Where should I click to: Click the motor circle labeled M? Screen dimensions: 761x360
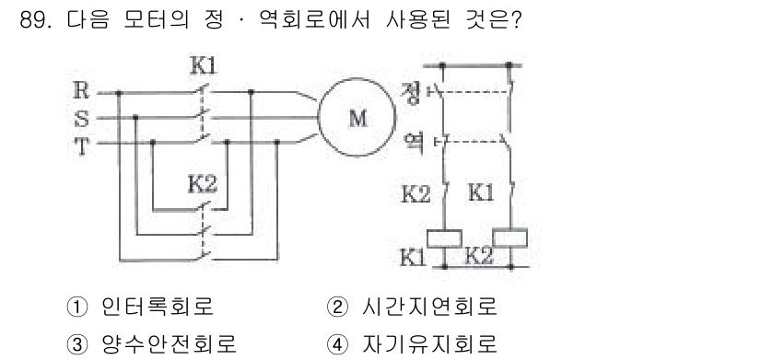pyautogui.click(x=357, y=118)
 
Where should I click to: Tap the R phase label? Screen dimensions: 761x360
pyautogui.click(x=82, y=91)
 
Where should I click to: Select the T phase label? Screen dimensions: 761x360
pyautogui.click(x=82, y=144)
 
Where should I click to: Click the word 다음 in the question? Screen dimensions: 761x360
pyautogui.click(x=87, y=20)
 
